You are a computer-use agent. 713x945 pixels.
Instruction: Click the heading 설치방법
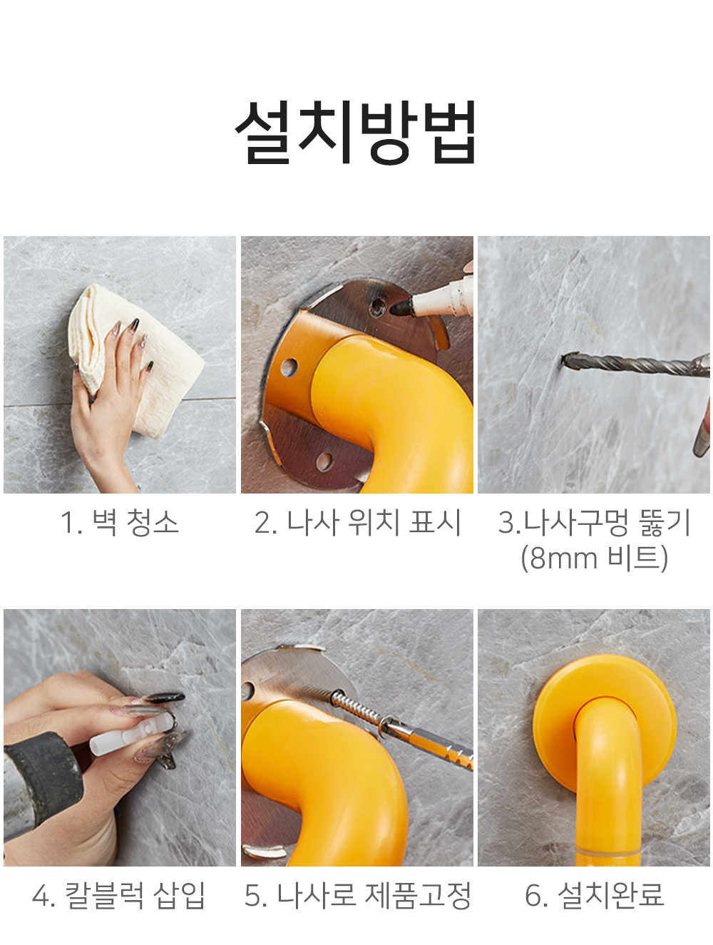(x=355, y=132)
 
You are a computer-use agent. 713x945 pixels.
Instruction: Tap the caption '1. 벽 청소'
(x=120, y=522)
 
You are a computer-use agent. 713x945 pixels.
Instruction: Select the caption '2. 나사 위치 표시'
(x=358, y=522)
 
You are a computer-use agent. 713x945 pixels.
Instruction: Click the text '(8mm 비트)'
(x=594, y=558)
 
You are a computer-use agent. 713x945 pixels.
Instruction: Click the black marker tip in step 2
(x=401, y=307)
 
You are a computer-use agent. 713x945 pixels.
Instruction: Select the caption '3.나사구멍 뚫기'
(x=594, y=522)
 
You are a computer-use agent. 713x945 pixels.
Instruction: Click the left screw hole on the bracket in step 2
(x=289, y=367)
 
